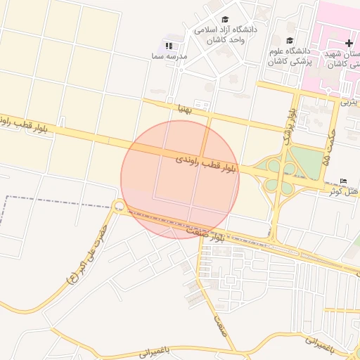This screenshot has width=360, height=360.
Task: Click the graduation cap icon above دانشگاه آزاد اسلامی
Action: pos(225,20)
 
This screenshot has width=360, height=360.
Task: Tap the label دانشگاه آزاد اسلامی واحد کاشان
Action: pos(226,35)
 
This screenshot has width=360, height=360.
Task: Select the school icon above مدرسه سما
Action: pos(169,45)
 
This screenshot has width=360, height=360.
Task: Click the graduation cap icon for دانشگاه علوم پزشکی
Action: pos(290,39)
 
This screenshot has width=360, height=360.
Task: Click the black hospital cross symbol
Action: pos(349,44)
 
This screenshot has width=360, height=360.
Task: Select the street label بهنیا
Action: pos(185,109)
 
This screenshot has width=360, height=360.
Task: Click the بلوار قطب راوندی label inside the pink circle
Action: pos(208,164)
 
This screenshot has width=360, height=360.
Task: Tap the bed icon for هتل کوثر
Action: pos(343,181)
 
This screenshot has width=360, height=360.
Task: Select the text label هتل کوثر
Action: pos(345,191)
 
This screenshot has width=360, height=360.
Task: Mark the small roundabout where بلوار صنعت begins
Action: pos(119,207)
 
